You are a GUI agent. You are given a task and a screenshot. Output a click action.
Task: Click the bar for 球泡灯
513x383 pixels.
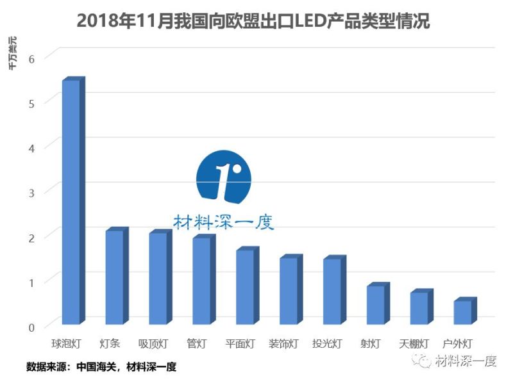pos(71,202)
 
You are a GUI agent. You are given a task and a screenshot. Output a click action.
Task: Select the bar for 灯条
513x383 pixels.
pos(114,277)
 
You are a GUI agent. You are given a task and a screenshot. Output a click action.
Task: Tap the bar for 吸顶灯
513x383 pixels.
pos(158,278)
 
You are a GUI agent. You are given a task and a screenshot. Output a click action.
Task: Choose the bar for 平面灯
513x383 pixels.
pos(245,286)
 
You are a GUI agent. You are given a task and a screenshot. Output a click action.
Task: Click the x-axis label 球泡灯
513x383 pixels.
pos(66,344)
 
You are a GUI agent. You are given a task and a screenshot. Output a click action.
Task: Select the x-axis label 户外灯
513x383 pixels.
pos(458,344)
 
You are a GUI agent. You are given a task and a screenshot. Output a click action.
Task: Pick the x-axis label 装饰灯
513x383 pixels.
pos(283,344)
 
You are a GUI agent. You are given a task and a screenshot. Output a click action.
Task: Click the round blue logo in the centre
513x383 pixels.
pos(223,175)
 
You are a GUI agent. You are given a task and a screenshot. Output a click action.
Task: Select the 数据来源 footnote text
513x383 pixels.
pos(101,367)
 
